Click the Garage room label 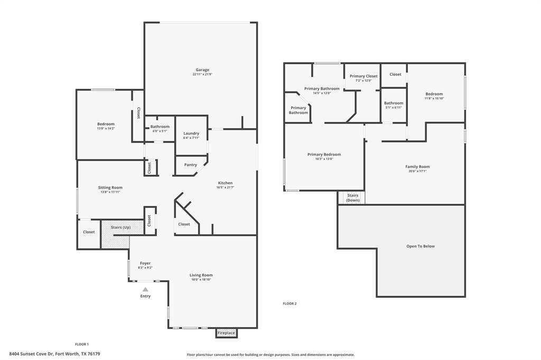click(202, 70)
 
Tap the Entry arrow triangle click(145, 289)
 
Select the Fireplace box click(226, 333)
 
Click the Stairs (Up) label click(120, 228)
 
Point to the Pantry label click(191, 165)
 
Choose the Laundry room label click(191, 134)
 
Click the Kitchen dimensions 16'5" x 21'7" click(226, 187)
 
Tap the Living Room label click(201, 275)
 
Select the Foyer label click(145, 263)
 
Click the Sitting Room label click(110, 187)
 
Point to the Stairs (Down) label click(353, 198)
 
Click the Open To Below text click(421, 246)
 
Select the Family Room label click(417, 167)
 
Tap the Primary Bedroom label click(324, 155)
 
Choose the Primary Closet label click(363, 76)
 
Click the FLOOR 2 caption click(290, 304)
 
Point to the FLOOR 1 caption click(81, 344)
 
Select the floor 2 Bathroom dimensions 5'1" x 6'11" click(394, 108)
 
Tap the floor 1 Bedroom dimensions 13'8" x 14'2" click(106, 128)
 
